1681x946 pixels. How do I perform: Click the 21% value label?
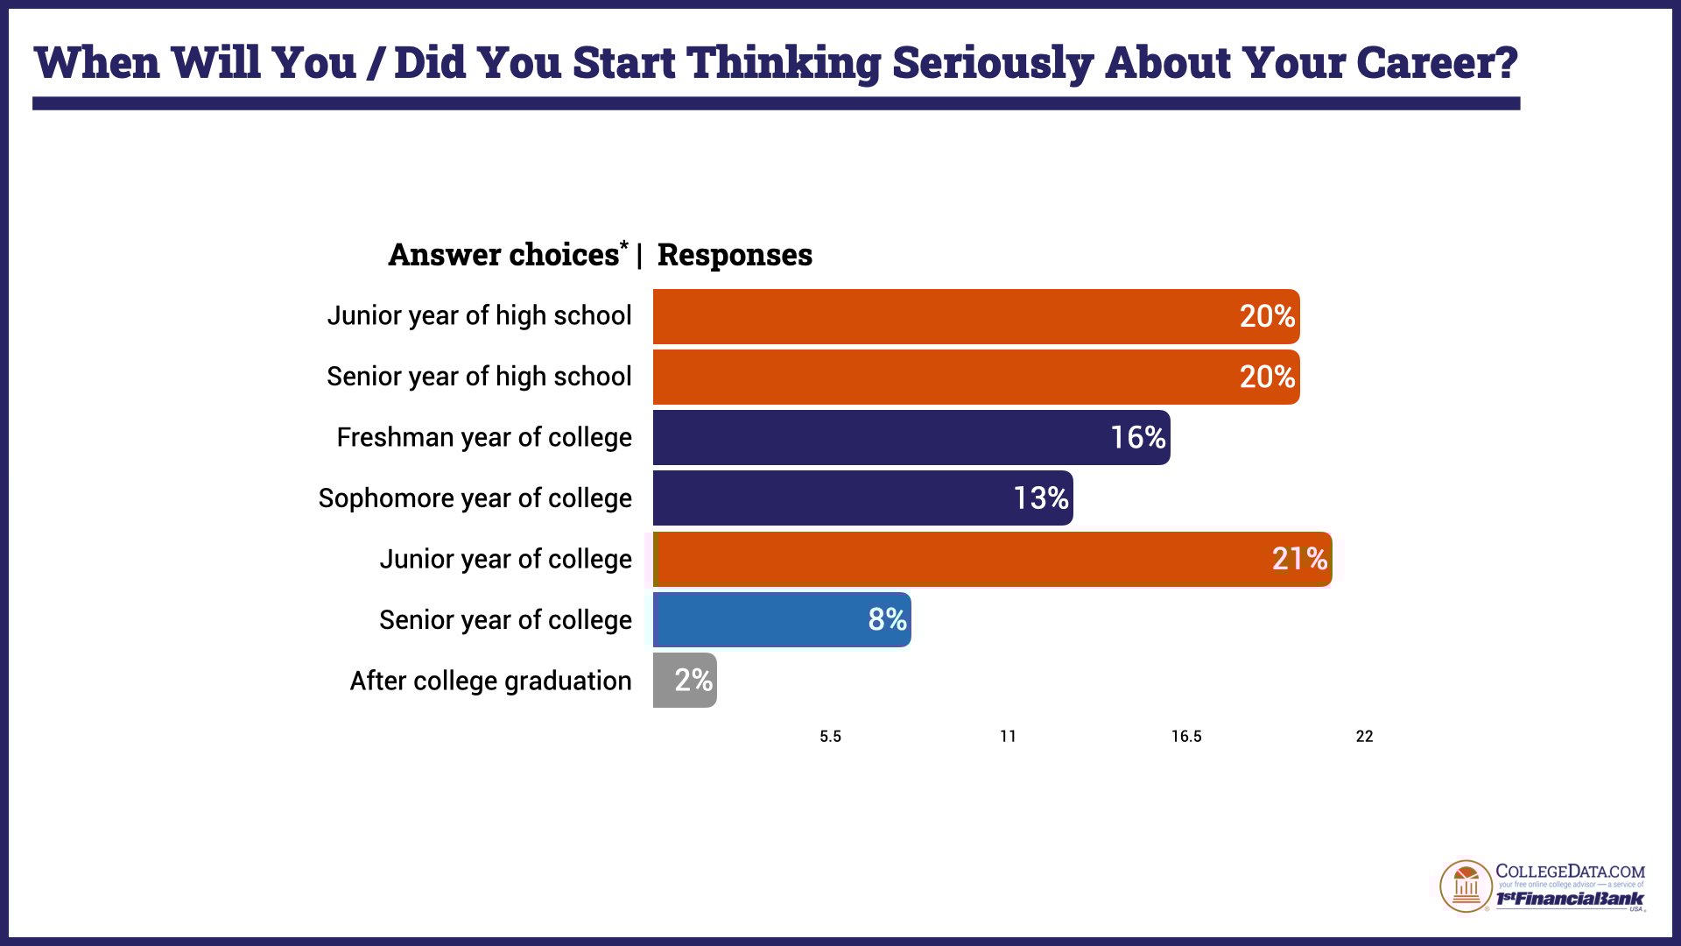tap(1299, 559)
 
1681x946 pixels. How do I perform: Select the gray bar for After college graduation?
tap(685, 681)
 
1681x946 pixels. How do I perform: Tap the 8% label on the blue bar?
tap(887, 619)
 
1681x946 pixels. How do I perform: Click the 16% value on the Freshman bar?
tap(1137, 437)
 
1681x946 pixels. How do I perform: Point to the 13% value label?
tap(1040, 498)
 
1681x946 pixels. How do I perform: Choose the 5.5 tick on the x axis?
tap(830, 737)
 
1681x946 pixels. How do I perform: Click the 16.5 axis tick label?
tap(1186, 737)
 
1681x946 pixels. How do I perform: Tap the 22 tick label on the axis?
tap(1364, 737)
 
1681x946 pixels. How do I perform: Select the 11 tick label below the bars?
tap(1008, 737)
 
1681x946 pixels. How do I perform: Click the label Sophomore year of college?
tap(475, 498)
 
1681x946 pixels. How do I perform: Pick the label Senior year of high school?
tap(479, 377)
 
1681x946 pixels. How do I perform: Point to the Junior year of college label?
tap(505, 559)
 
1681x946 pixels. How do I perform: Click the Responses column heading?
tap(735, 255)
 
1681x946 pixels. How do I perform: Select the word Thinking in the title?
tap(784, 63)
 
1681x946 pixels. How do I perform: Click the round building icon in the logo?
tap(1466, 886)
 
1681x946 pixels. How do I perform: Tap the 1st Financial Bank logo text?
tap(1570, 900)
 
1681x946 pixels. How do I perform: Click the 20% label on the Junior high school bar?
tap(1266, 316)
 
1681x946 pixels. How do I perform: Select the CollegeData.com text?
tap(1570, 872)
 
